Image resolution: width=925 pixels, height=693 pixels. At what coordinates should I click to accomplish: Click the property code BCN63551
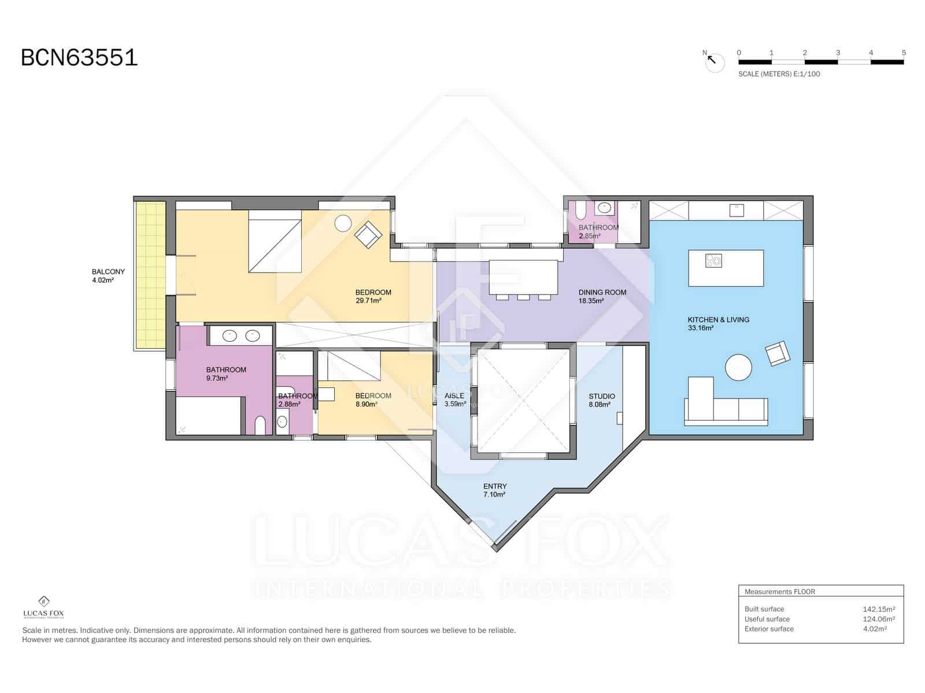79,58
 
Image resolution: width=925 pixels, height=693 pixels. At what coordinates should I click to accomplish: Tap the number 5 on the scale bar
903,53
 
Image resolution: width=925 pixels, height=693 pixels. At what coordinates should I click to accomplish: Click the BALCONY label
108,271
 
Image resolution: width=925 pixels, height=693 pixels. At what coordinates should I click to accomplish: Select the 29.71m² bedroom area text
368,301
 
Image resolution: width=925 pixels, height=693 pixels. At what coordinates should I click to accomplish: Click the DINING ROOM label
602,292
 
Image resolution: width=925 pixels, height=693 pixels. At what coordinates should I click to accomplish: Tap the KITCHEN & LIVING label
718,319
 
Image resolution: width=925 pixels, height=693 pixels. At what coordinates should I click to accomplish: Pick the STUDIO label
601,396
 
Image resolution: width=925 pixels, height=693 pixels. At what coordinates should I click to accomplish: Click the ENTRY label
495,486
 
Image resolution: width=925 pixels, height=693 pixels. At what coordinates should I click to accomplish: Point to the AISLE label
454,396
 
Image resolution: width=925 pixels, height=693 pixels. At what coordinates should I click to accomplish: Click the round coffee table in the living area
738,367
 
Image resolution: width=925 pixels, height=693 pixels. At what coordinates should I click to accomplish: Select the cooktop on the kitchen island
713,261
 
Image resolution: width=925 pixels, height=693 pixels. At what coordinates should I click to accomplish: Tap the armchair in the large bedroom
368,234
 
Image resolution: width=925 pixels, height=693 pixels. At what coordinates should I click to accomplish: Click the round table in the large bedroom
343,223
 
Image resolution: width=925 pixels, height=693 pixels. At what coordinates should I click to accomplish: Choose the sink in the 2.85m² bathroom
605,208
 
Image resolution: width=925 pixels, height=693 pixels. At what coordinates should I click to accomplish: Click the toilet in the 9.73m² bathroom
260,425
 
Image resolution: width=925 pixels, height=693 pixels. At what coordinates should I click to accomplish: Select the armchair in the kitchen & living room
777,353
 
